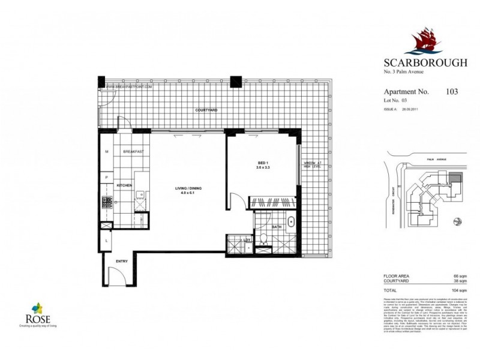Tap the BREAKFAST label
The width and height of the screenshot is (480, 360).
point(134,152)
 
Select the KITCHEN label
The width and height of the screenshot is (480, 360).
point(124,186)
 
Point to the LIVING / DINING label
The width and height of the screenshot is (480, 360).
point(188,191)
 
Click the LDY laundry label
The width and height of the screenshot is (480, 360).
point(246,240)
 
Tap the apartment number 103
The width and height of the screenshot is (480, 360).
point(452,92)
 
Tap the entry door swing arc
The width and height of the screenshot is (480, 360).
point(117,276)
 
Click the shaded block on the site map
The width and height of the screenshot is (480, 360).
point(455,178)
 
